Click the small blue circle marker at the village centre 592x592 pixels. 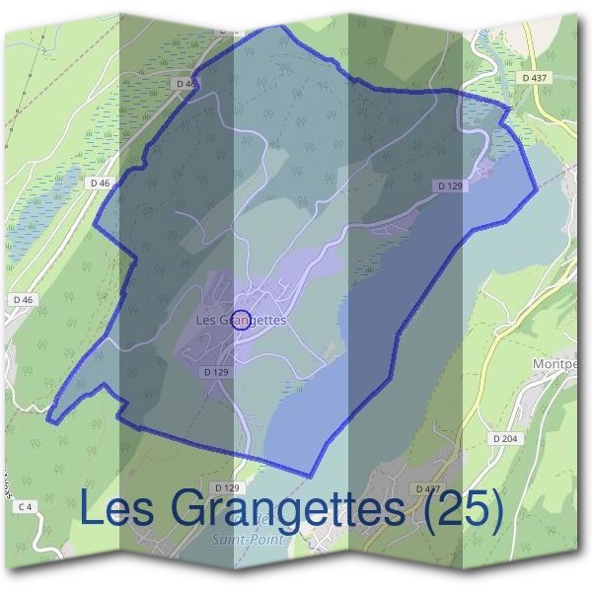coord(245,318)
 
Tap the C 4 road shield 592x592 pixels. coord(26,506)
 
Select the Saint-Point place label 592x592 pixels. coord(248,540)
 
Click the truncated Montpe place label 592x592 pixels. coord(567,364)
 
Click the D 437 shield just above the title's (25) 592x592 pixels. coord(427,488)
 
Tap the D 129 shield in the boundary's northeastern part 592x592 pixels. coord(450,185)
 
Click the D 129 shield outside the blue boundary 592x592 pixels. coord(226,488)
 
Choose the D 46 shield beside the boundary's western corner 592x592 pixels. coord(99,183)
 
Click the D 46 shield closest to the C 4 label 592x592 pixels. coord(23,299)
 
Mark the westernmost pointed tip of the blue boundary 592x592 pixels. coord(47,418)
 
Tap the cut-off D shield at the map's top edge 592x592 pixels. coord(229,31)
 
